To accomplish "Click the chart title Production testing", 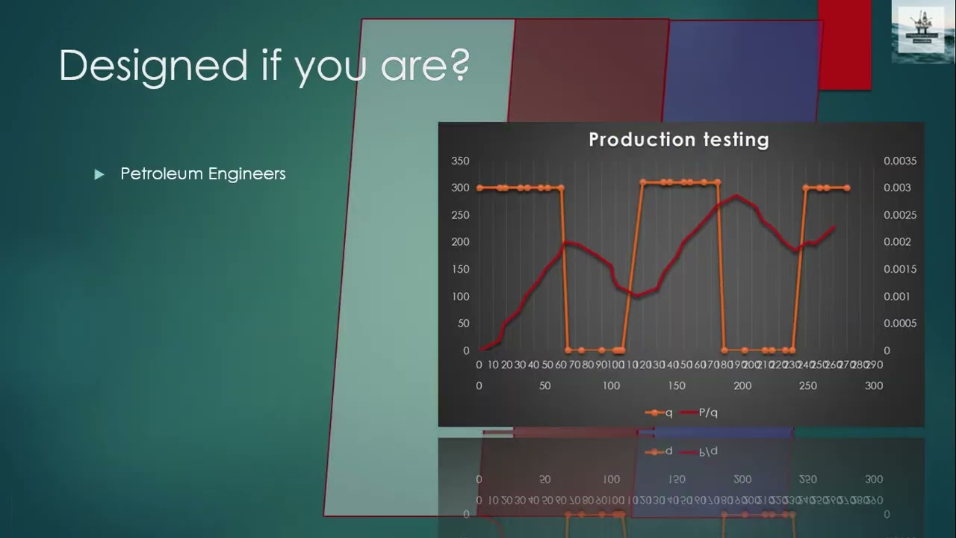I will tap(678, 140).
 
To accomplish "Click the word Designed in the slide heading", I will tap(153, 66).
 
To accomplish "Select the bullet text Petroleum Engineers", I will tap(202, 174).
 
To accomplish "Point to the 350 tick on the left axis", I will tap(460, 161).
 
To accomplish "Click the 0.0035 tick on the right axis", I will tap(899, 161).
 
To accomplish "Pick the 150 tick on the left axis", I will tap(460, 269).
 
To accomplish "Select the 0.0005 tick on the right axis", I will tap(899, 324).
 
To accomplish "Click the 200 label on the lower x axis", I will tap(742, 386).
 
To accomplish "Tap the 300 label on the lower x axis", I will tap(873, 386).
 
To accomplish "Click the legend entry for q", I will tap(659, 412).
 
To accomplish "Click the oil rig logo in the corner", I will tap(922, 31).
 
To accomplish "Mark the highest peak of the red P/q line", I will tap(736, 196).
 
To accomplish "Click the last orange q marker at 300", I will tap(846, 188).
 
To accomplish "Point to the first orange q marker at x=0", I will tap(479, 188).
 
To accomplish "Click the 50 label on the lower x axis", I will tap(544, 386).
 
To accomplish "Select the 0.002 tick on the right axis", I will tap(899, 242).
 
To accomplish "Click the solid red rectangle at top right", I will tap(844, 45).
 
